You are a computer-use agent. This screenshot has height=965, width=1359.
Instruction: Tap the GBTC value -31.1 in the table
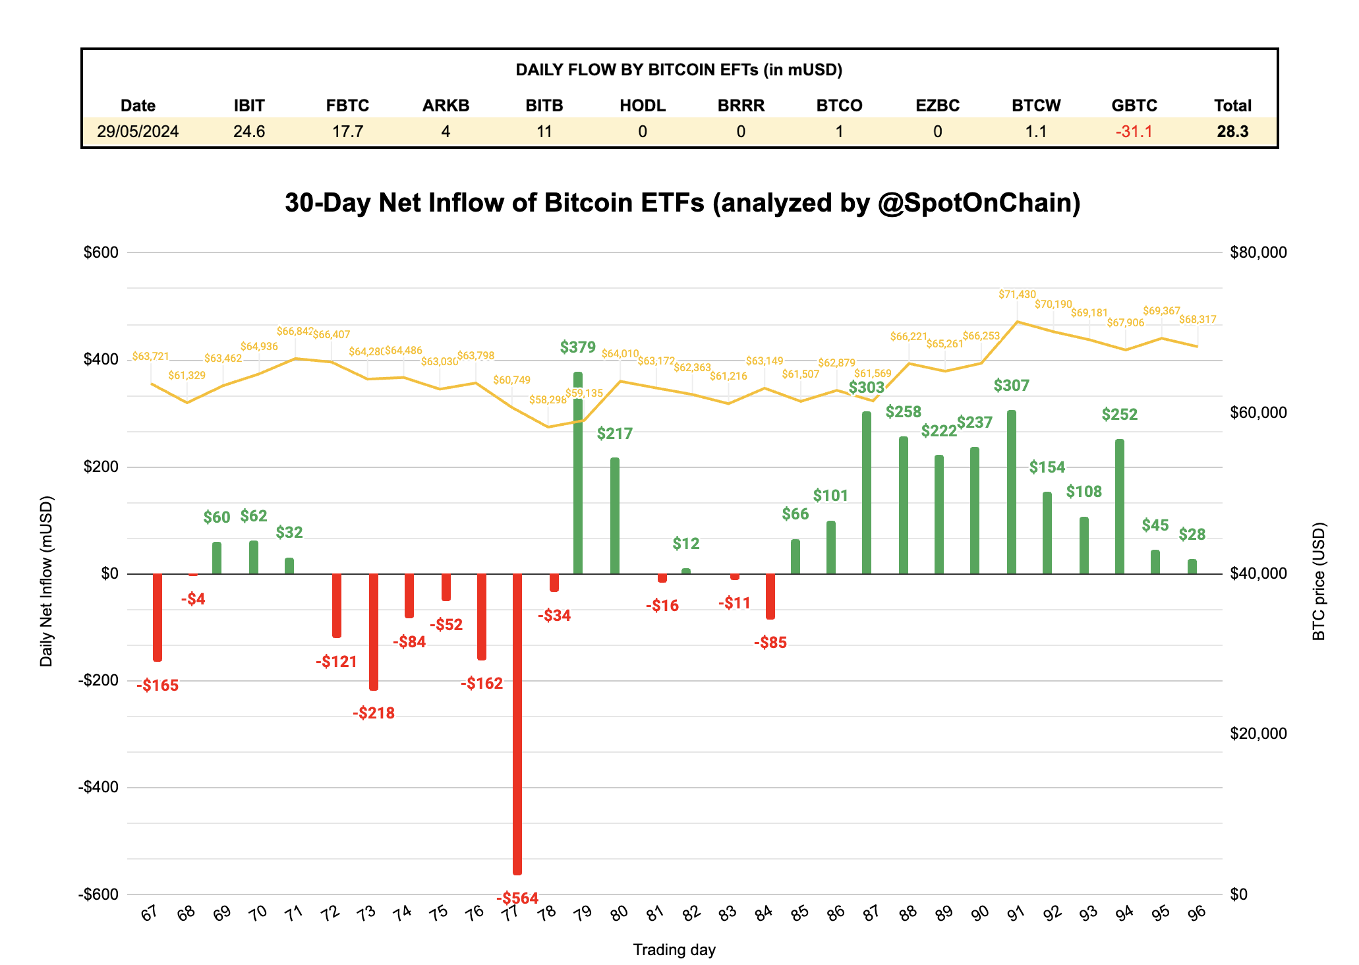pyautogui.click(x=1134, y=131)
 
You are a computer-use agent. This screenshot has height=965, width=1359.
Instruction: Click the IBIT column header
pyautogui.click(x=249, y=105)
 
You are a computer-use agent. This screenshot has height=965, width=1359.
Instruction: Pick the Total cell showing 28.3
pyautogui.click(x=1232, y=131)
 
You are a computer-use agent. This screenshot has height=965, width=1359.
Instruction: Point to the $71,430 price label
pyautogui.click(x=1017, y=295)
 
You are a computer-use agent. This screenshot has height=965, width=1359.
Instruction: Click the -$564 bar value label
pyautogui.click(x=517, y=898)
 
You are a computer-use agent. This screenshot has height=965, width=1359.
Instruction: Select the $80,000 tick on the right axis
pyautogui.click(x=1258, y=252)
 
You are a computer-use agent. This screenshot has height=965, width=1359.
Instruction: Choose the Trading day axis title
pyautogui.click(x=674, y=950)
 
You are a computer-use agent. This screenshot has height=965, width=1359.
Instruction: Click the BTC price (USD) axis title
pyautogui.click(x=1318, y=581)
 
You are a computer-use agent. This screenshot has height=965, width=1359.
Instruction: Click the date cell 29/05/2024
pyautogui.click(x=138, y=131)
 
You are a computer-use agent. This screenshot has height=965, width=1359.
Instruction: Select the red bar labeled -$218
pyautogui.click(x=374, y=631)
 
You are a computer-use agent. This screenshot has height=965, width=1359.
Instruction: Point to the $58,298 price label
pyautogui.click(x=548, y=399)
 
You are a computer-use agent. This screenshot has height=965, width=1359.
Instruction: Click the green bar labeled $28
pyautogui.click(x=1192, y=566)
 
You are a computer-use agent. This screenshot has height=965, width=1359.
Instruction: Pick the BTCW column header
pyautogui.click(x=1035, y=105)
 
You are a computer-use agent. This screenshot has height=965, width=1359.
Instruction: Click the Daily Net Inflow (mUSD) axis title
pyautogui.click(x=46, y=581)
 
